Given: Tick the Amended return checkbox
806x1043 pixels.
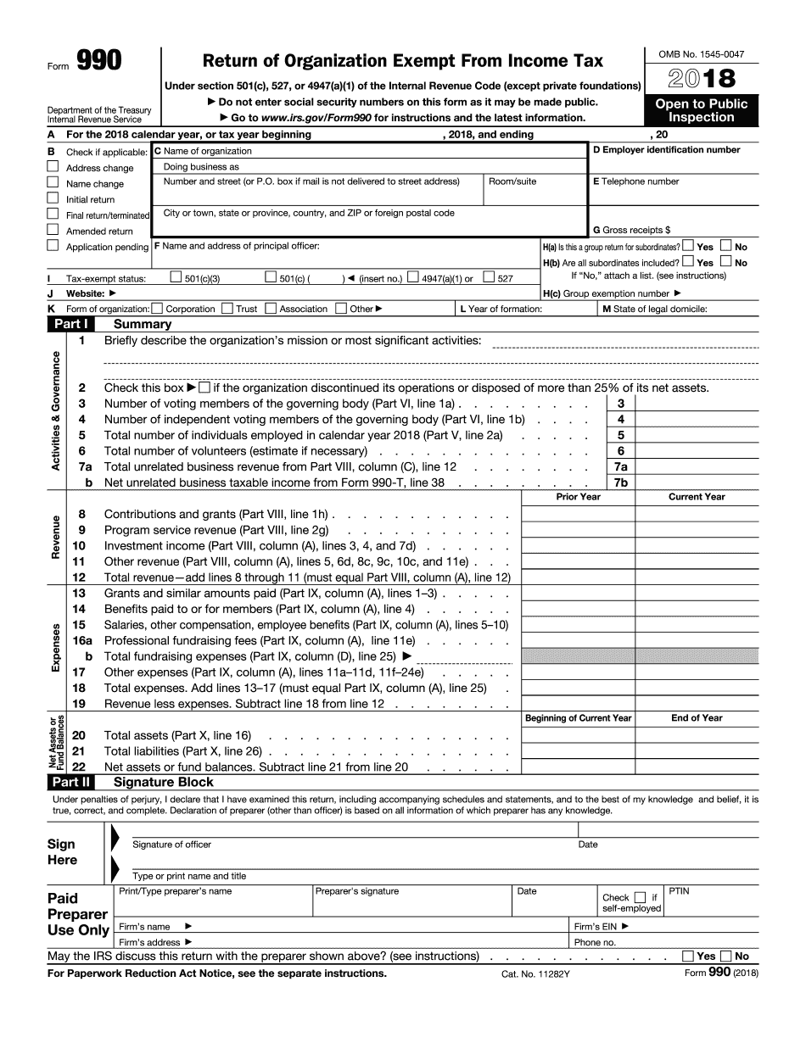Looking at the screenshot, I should [x=53, y=231].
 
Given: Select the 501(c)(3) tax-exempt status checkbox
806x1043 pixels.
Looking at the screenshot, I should [x=176, y=277].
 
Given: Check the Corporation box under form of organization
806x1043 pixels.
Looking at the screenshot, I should [x=158, y=309].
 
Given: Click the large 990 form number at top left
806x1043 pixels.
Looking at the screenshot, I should [x=98, y=60].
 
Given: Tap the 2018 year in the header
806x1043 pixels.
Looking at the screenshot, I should [x=701, y=79].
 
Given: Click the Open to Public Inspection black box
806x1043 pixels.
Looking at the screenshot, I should [x=701, y=110].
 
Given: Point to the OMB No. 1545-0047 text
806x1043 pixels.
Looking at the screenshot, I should [x=701, y=54].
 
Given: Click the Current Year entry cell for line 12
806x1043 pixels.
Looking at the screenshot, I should [x=697, y=577].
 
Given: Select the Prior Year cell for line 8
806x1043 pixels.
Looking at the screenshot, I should [x=578, y=514].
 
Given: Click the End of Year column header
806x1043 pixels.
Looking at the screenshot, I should [x=697, y=718].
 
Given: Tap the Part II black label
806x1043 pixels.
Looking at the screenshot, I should [x=71, y=783].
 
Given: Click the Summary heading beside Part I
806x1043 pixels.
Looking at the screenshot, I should [x=143, y=324].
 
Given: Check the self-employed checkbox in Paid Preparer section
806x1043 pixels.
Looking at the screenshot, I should [x=640, y=897].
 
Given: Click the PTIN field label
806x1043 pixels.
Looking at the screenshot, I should [x=680, y=891].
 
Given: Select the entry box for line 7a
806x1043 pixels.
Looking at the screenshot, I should [x=697, y=467].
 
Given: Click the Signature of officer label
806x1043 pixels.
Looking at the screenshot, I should [x=171, y=845].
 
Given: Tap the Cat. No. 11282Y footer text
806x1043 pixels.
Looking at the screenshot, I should [x=535, y=974].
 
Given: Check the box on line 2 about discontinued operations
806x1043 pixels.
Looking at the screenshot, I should [x=204, y=388].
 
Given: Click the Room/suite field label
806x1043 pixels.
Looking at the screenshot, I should [x=512, y=181].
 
